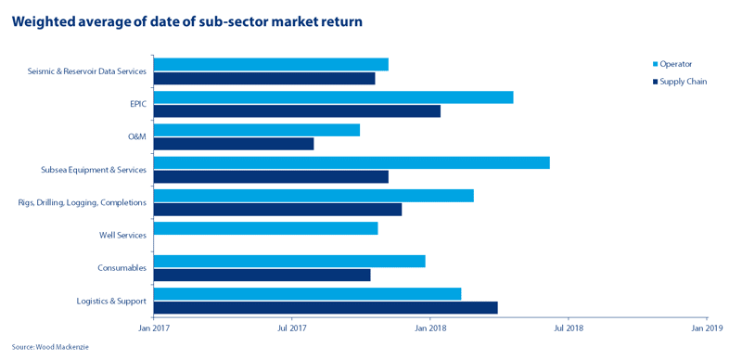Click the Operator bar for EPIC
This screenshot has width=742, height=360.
pyautogui.click(x=333, y=97)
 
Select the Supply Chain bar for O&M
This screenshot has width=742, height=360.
pyautogui.click(x=234, y=144)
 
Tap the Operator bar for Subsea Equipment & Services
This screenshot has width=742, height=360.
pyautogui.click(x=352, y=162)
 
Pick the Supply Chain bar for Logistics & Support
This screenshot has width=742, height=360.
pyautogui.click(x=326, y=307)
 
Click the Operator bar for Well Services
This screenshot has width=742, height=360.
pyautogui.click(x=265, y=228)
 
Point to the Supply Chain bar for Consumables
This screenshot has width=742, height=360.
pyautogui.click(x=262, y=275)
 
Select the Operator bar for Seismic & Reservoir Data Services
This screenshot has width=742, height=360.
pyautogui.click(x=271, y=64)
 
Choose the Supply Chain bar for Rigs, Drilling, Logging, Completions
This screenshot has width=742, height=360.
pyautogui.click(x=277, y=210)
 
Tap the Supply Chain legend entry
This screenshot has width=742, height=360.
pyautogui.click(x=680, y=82)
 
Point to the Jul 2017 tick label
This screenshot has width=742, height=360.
pyautogui.click(x=291, y=328)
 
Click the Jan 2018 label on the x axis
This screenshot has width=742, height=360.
pyautogui.click(x=429, y=328)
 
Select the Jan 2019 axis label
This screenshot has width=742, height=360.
pyautogui.click(x=707, y=328)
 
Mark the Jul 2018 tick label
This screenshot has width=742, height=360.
pyautogui.click(x=568, y=328)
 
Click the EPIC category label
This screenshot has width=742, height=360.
pyautogui.click(x=137, y=104)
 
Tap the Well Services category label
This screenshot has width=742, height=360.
pyautogui.click(x=122, y=235)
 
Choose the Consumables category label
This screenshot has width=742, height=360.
pyautogui.click(x=122, y=267)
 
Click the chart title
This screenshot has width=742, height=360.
pyautogui.click(x=187, y=21)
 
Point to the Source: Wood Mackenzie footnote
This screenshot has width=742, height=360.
pyautogui.click(x=50, y=347)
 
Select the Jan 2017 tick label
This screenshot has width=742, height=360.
pyautogui.click(x=153, y=328)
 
